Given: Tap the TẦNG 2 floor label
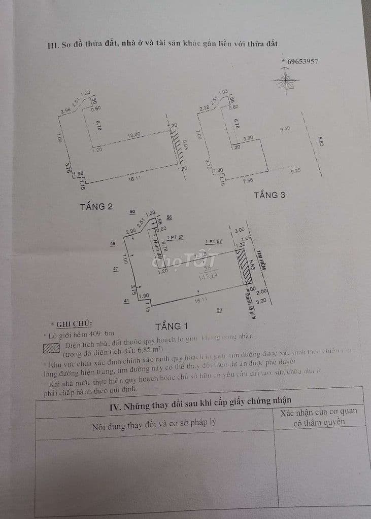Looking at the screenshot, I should click(x=96, y=206).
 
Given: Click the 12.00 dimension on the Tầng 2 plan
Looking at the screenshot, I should click(x=133, y=135).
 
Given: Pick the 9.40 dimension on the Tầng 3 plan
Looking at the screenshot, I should click(x=285, y=129).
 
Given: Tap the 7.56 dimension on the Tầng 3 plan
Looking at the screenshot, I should click(x=248, y=180).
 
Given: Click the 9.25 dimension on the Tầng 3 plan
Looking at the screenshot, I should click(x=296, y=171).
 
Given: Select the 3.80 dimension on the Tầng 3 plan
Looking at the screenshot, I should click(x=248, y=138).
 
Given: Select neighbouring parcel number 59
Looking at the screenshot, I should click(x=219, y=310).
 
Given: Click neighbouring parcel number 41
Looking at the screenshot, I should click(x=125, y=301).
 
